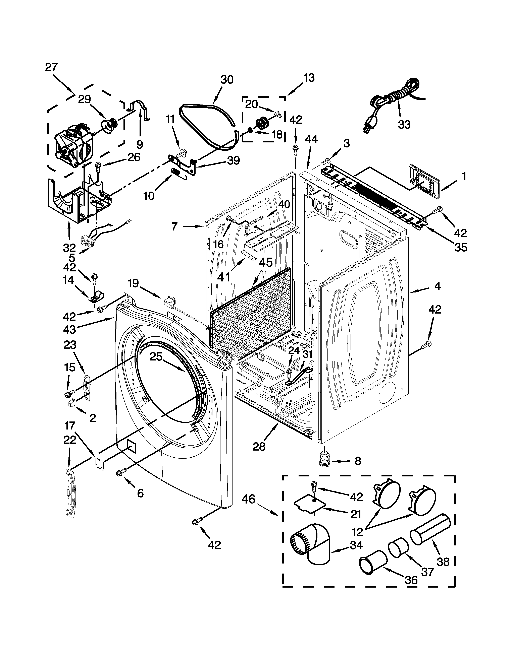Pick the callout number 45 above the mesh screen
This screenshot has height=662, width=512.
click(266, 263)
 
